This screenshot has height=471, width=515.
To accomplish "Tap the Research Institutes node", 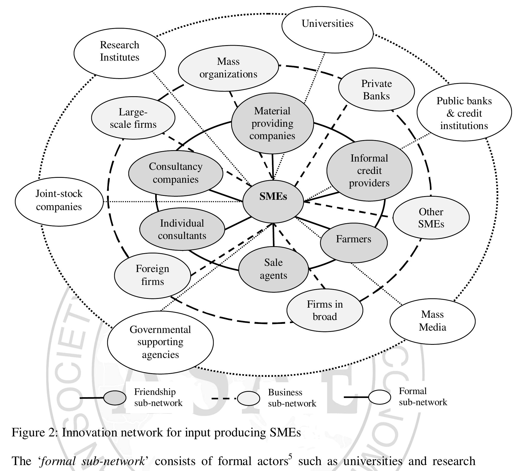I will click(x=120, y=53).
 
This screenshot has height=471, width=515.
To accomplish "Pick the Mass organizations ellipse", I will click(x=228, y=68).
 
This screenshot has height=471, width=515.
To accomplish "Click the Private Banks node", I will click(x=376, y=90).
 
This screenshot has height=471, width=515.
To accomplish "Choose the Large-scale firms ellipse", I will click(x=133, y=118).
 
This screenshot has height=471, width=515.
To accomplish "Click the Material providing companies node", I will click(x=272, y=123).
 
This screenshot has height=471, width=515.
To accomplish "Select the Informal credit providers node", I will click(x=369, y=171).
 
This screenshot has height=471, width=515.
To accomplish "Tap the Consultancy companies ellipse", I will click(x=176, y=173).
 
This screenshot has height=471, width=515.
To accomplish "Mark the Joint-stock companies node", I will click(x=59, y=202).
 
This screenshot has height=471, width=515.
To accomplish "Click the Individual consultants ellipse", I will click(x=182, y=229).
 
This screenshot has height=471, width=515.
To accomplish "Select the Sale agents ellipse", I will click(x=273, y=269).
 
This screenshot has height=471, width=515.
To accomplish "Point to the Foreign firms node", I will click(x=152, y=275).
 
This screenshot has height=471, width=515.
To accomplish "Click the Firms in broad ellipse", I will click(x=325, y=310).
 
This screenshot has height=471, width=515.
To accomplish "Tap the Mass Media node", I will click(x=432, y=321).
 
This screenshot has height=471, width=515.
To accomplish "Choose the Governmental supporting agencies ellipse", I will click(x=160, y=342).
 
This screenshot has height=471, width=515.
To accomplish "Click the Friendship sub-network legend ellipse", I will click(x=115, y=398).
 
